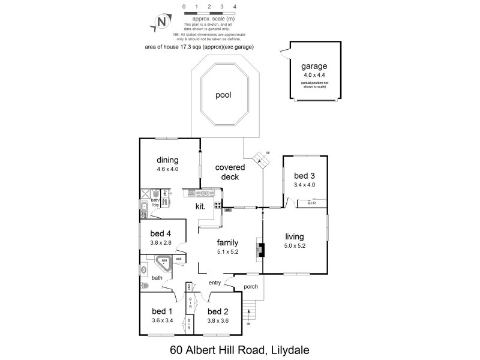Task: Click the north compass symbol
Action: coord(161,22)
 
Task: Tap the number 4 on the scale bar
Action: coord(235,6)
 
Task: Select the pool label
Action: coord(223,95)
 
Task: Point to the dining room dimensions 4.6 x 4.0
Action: coord(168,169)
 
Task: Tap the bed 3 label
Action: coord(304,176)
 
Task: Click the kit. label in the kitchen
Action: coord(200,206)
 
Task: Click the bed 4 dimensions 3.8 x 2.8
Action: coord(161,242)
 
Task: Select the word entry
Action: coord(215,283)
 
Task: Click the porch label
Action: coord(251,287)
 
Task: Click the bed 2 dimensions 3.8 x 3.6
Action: coord(219,320)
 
